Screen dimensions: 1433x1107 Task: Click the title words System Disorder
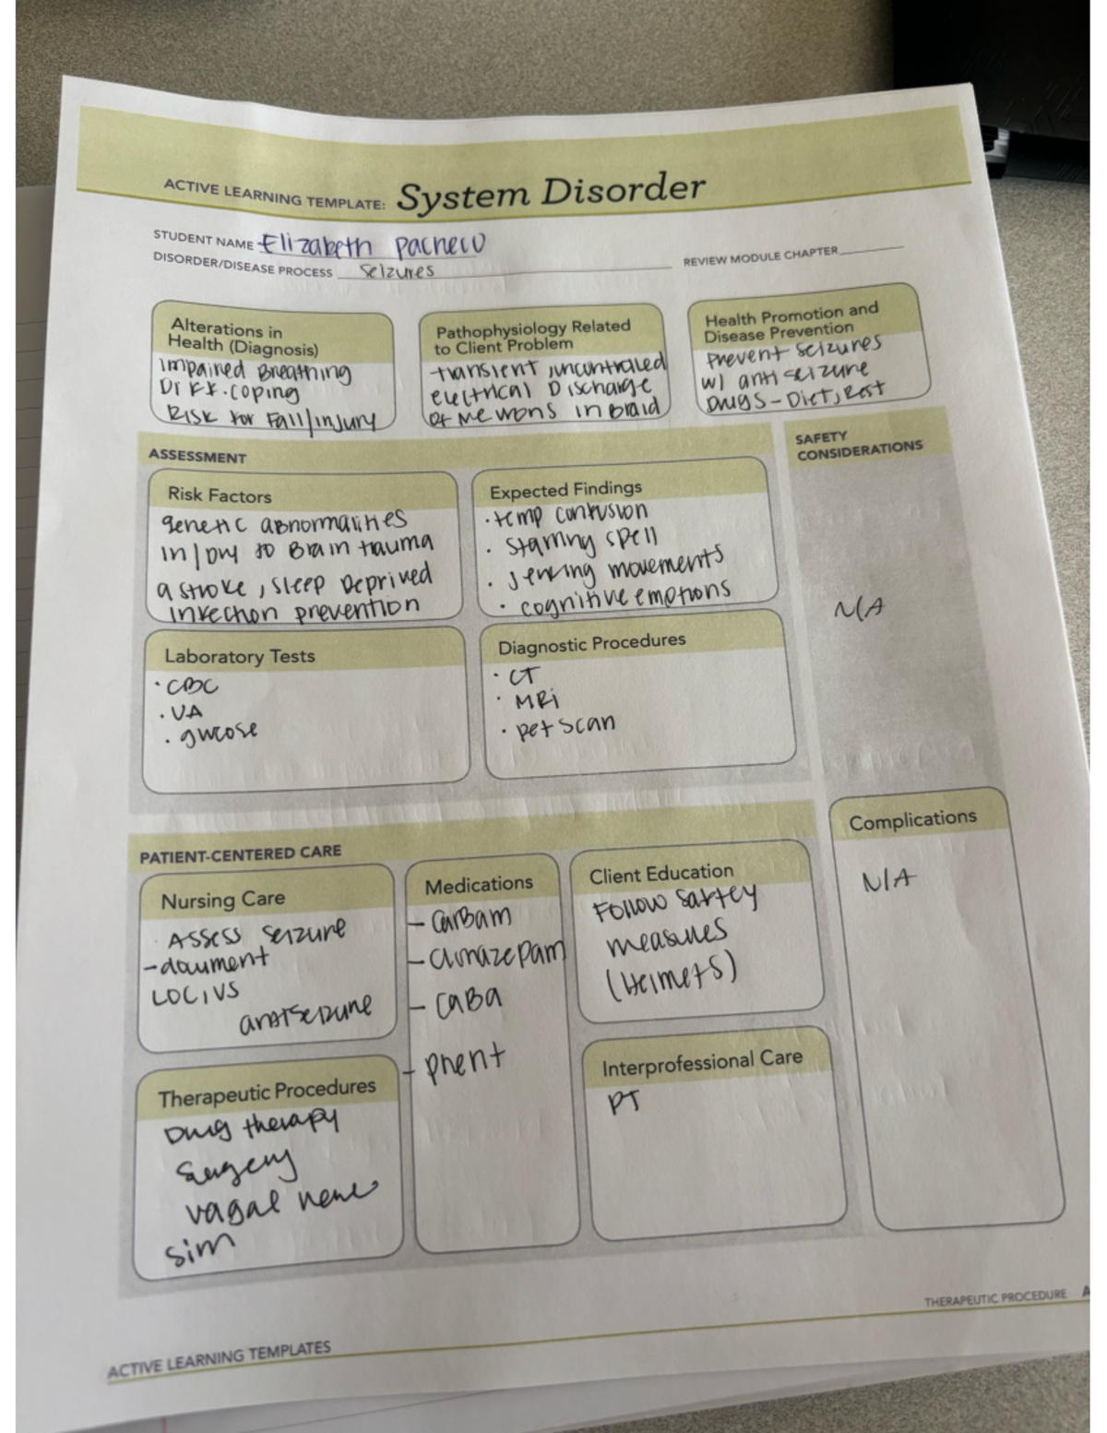pos(551,192)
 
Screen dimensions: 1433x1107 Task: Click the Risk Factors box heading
pos(220,495)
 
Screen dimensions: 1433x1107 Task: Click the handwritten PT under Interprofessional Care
pos(625,1102)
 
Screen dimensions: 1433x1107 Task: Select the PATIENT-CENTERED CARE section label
pos(240,854)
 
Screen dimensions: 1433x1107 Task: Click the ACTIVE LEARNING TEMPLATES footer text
pos(220,1360)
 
